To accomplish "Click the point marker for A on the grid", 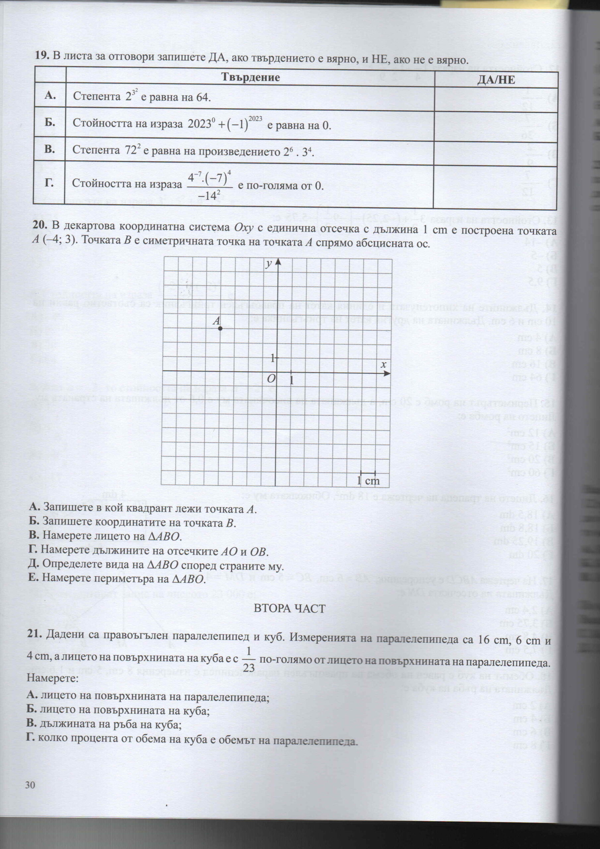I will tap(220, 328).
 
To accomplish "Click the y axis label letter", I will tap(270, 263).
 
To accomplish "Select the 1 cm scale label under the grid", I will tap(368, 481).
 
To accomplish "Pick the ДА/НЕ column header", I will tap(496, 80).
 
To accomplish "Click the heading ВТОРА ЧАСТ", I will tap(289, 609).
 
